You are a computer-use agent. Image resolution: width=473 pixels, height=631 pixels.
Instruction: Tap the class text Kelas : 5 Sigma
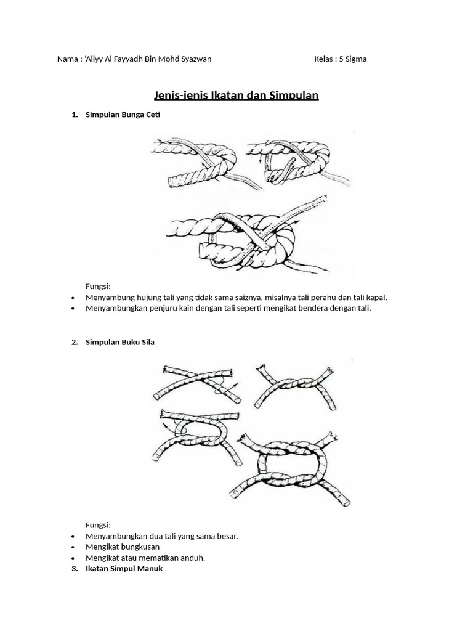(x=340, y=59)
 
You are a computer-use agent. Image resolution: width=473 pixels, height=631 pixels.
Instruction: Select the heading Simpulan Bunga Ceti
(x=123, y=115)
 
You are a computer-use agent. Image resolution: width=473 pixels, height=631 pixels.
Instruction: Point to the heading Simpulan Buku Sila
(x=120, y=342)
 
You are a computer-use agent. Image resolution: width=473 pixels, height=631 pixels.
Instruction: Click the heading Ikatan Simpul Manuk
(x=124, y=569)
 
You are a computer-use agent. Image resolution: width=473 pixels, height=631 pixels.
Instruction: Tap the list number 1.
(x=75, y=115)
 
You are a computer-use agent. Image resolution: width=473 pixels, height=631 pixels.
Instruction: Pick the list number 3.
(x=75, y=569)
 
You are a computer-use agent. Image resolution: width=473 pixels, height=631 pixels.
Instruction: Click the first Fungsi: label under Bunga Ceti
(x=98, y=286)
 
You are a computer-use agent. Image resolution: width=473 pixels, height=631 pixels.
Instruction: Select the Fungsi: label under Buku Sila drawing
(x=98, y=525)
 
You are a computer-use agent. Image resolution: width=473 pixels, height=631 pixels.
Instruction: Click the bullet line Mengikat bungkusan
(x=123, y=547)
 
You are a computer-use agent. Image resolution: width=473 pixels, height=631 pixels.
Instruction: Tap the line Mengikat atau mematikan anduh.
(x=145, y=558)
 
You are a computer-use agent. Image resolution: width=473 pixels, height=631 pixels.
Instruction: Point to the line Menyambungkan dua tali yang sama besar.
(x=161, y=536)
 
